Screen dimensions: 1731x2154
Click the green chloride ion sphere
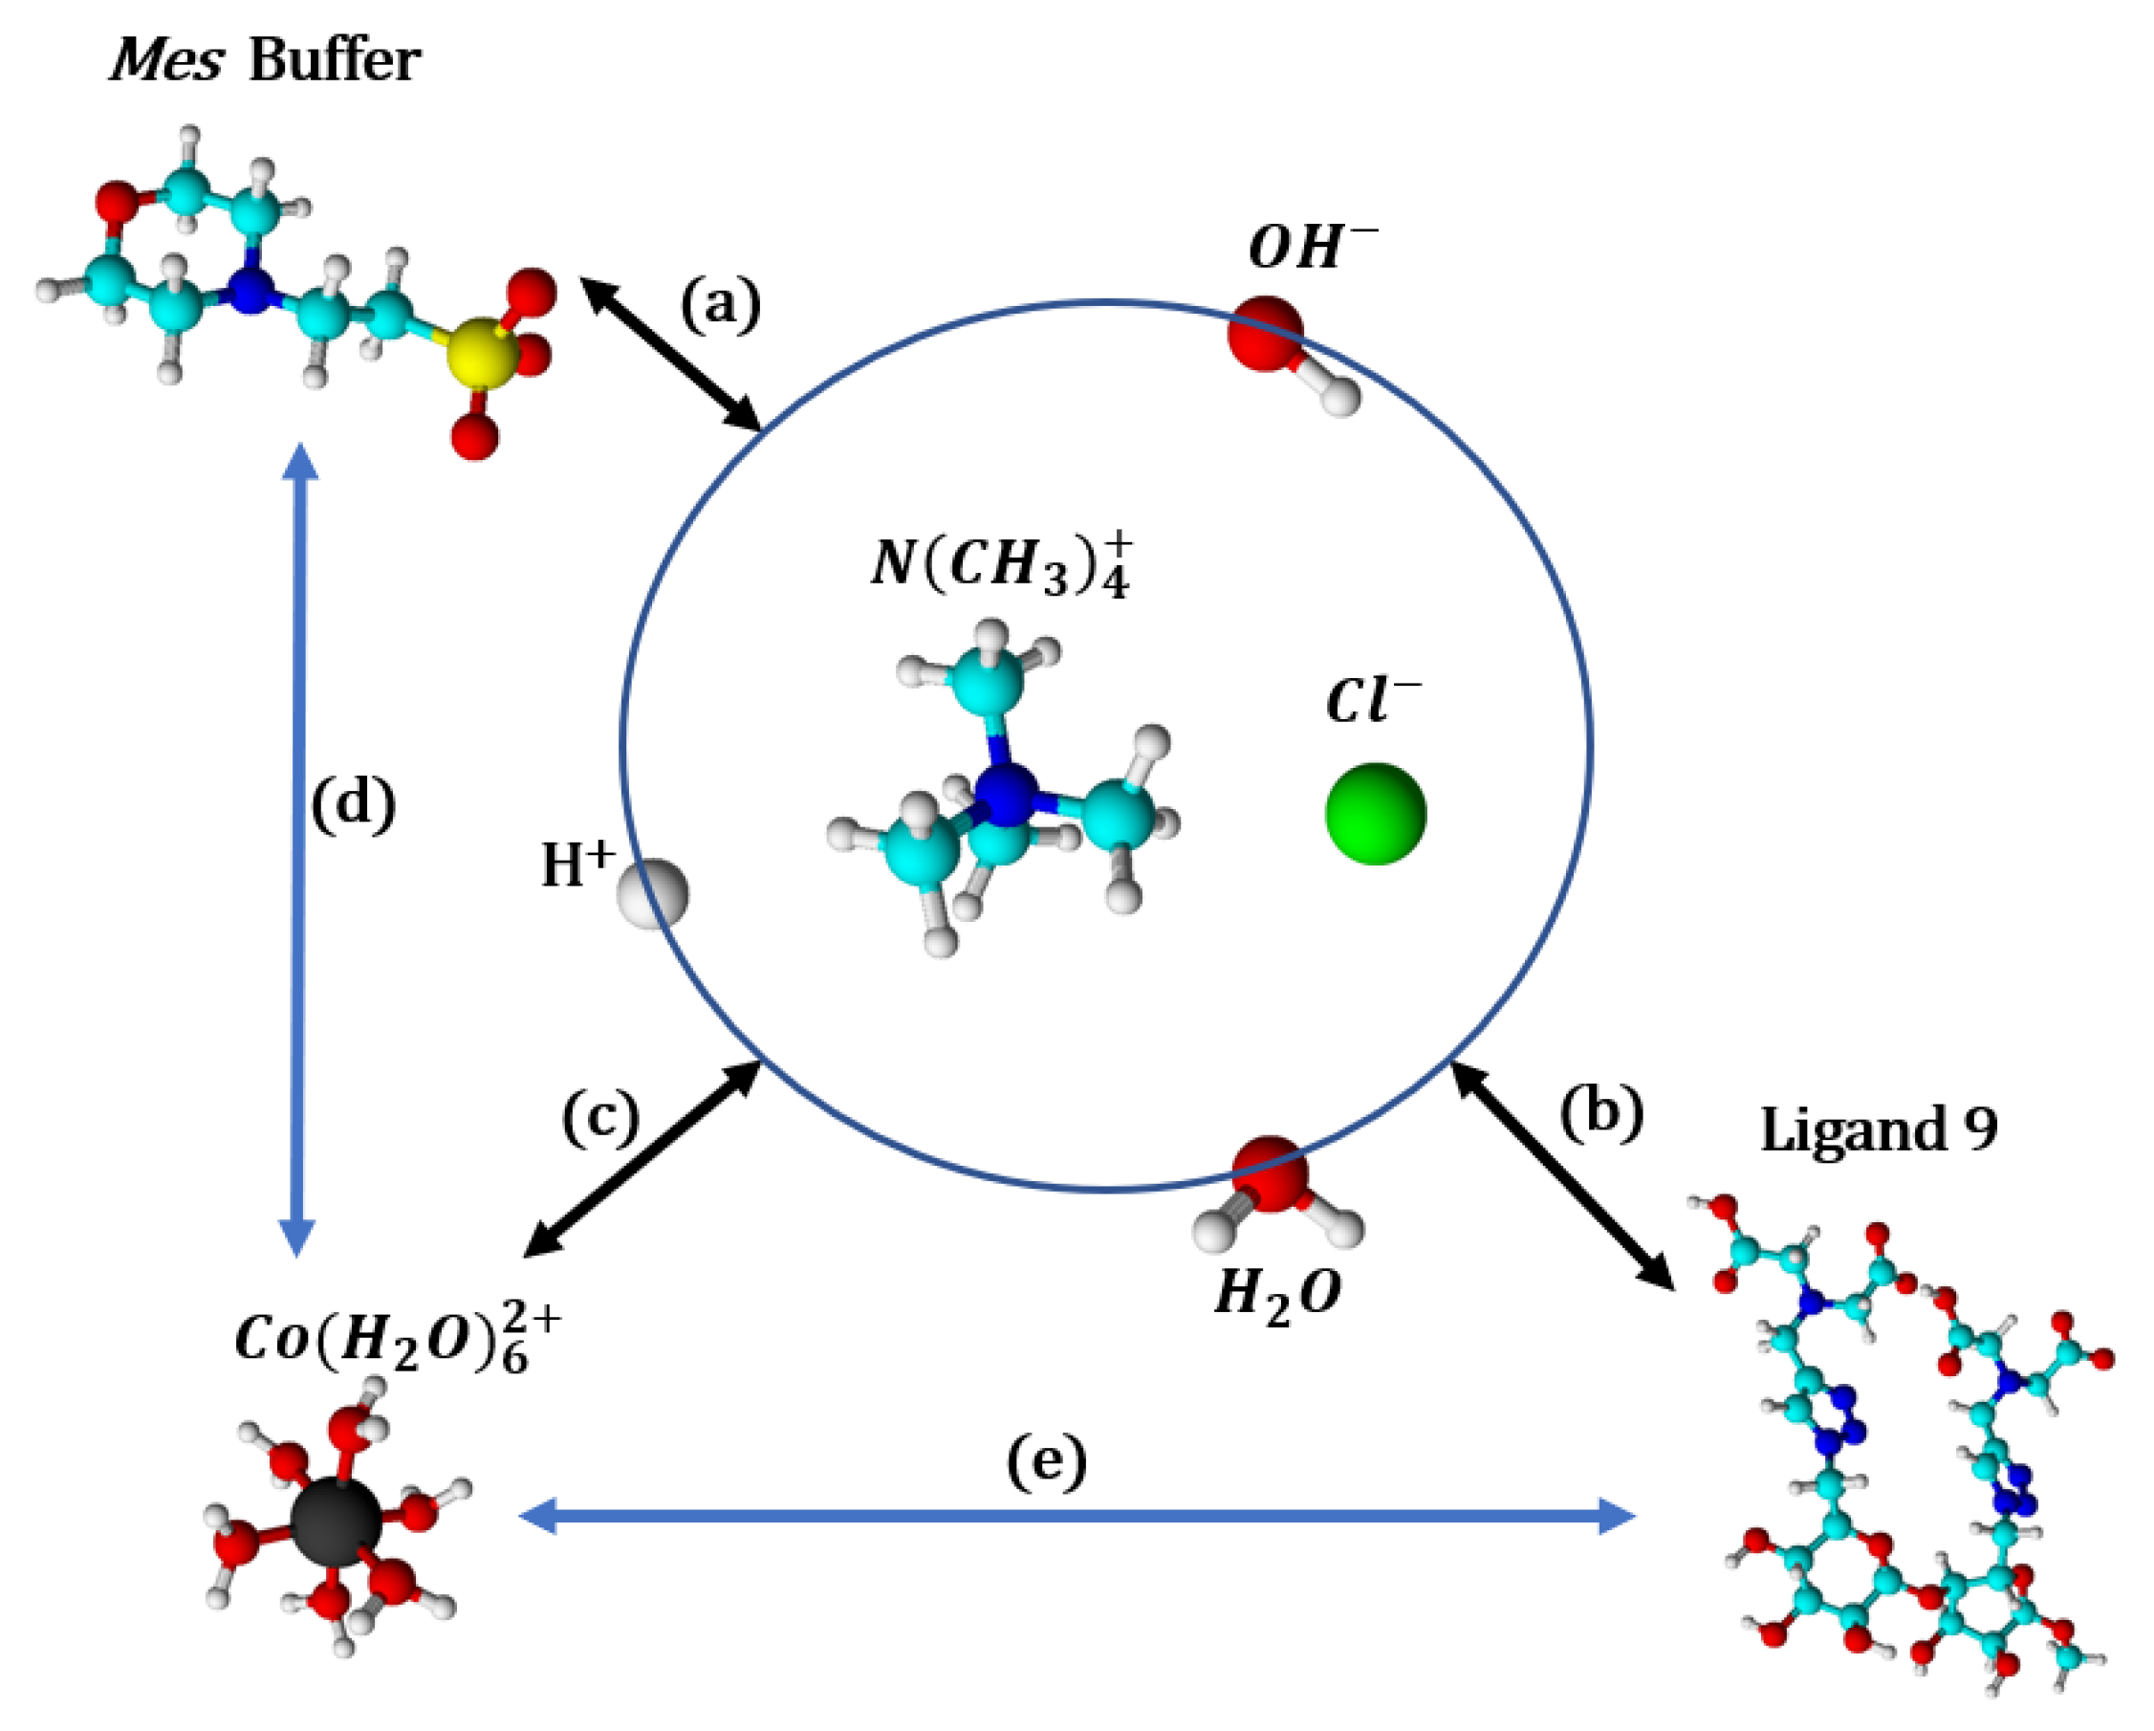(x=1376, y=814)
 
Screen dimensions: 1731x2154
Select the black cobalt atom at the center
(x=336, y=1523)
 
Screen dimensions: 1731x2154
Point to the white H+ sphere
(x=652, y=892)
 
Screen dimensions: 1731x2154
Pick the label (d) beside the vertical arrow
(x=354, y=803)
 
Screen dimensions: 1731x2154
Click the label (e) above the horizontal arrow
(x=1046, y=1462)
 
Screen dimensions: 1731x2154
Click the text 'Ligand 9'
(x=1879, y=1130)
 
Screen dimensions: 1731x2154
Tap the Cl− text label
(x=1372, y=701)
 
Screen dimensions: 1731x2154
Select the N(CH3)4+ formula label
(x=1002, y=563)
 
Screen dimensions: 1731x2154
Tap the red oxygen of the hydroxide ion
(x=1265, y=334)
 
